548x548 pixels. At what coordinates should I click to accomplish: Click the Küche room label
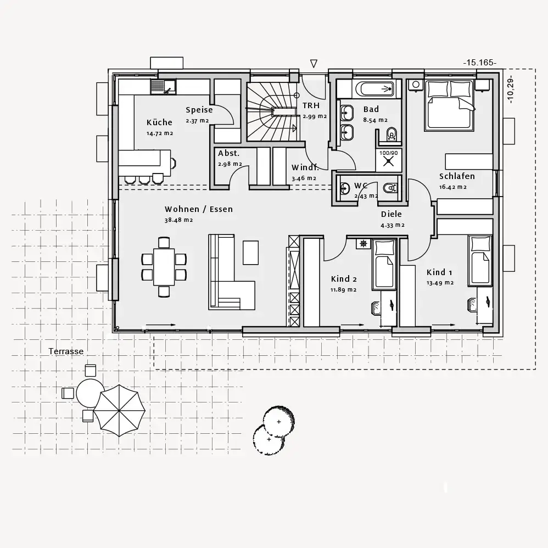point(159,122)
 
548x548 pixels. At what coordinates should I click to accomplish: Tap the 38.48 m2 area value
point(178,220)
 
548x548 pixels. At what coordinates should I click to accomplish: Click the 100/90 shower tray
point(389,161)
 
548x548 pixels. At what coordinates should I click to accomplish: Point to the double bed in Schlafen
point(450,105)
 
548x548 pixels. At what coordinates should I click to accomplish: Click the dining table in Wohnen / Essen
point(164,267)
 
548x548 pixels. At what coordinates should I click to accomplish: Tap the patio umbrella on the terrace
point(119,411)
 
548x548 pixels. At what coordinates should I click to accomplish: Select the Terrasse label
point(66,351)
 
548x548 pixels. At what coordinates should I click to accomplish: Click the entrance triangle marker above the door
point(314,64)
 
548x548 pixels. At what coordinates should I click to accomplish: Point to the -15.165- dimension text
point(480,63)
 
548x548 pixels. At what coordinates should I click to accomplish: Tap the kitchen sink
point(163,87)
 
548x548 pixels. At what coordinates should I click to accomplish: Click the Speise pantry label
point(199,110)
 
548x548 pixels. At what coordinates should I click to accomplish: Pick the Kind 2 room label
point(344,279)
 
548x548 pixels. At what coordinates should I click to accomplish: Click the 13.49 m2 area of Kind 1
point(440,283)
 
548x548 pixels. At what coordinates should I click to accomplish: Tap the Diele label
point(392,214)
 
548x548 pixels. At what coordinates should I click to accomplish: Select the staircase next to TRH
point(272,111)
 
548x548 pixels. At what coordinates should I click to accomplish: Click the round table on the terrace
point(90,393)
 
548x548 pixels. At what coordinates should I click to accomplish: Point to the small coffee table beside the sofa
point(250,253)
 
